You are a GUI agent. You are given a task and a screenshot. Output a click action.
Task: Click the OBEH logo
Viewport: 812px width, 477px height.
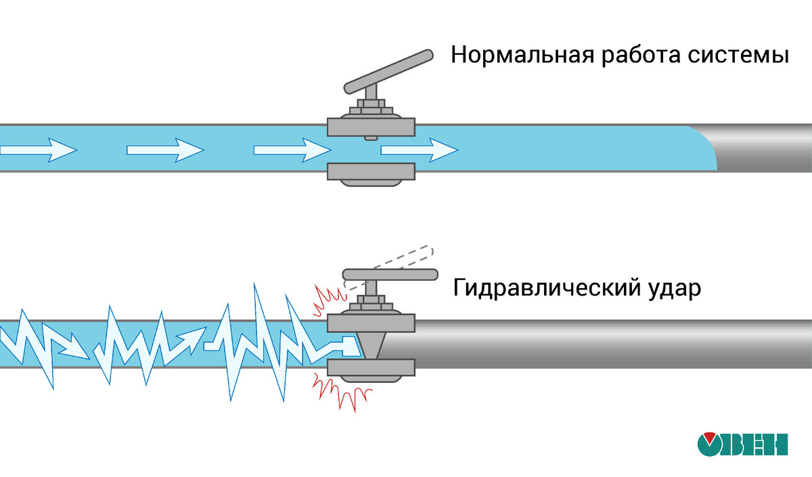(742, 444)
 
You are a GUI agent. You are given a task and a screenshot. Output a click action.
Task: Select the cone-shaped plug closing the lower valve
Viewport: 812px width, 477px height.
(371, 344)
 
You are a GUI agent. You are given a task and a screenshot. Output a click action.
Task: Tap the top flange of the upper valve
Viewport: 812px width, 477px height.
(370, 126)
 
